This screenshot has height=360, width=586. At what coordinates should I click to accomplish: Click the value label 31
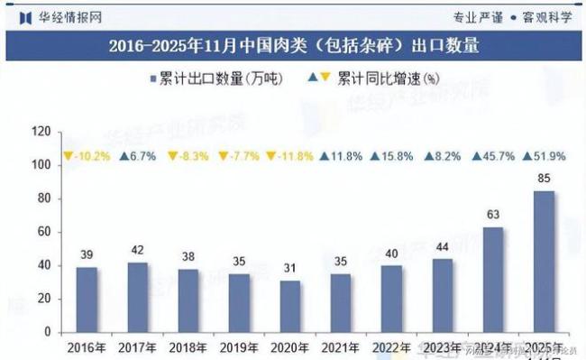(288, 269)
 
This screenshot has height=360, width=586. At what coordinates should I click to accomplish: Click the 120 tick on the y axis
(40, 132)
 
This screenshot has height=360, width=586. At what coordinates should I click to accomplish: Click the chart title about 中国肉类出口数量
(293, 44)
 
